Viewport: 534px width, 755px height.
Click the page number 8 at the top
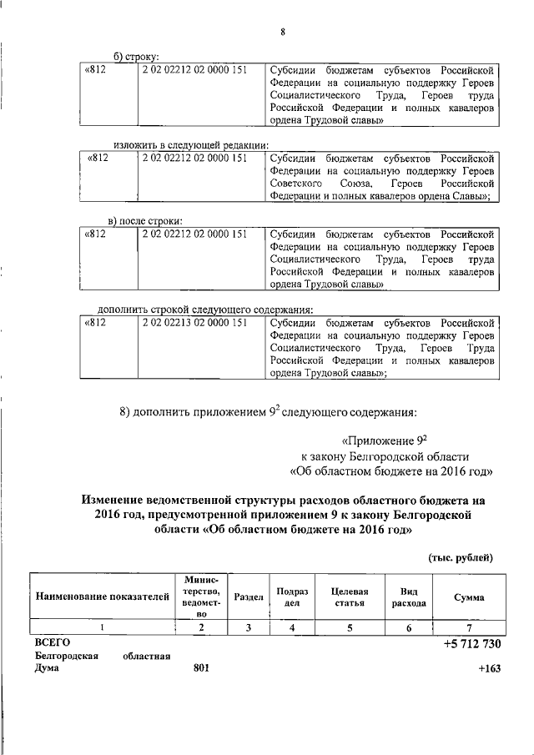tap(283, 33)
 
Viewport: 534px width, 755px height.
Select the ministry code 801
tap(201, 668)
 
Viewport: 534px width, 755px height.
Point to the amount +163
tap(489, 668)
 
